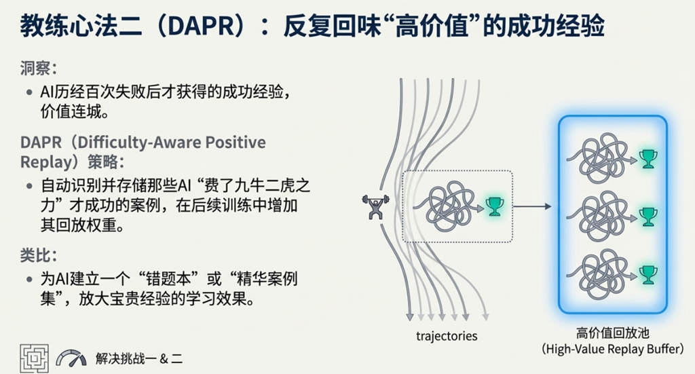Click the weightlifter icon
[x=375, y=206]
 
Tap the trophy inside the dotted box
[x=495, y=206]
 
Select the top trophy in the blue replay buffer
[x=648, y=159]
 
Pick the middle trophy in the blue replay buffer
[x=648, y=217]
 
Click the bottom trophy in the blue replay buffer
[x=648, y=275]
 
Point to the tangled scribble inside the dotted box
[x=448, y=206]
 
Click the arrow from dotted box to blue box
[x=532, y=206]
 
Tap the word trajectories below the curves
[x=447, y=337]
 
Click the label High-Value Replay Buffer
[x=613, y=349]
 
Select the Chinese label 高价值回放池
[x=613, y=333]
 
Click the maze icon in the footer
[x=34, y=358]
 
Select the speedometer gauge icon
[x=71, y=358]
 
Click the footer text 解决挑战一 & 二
[x=138, y=358]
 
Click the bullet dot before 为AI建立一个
[x=29, y=280]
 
